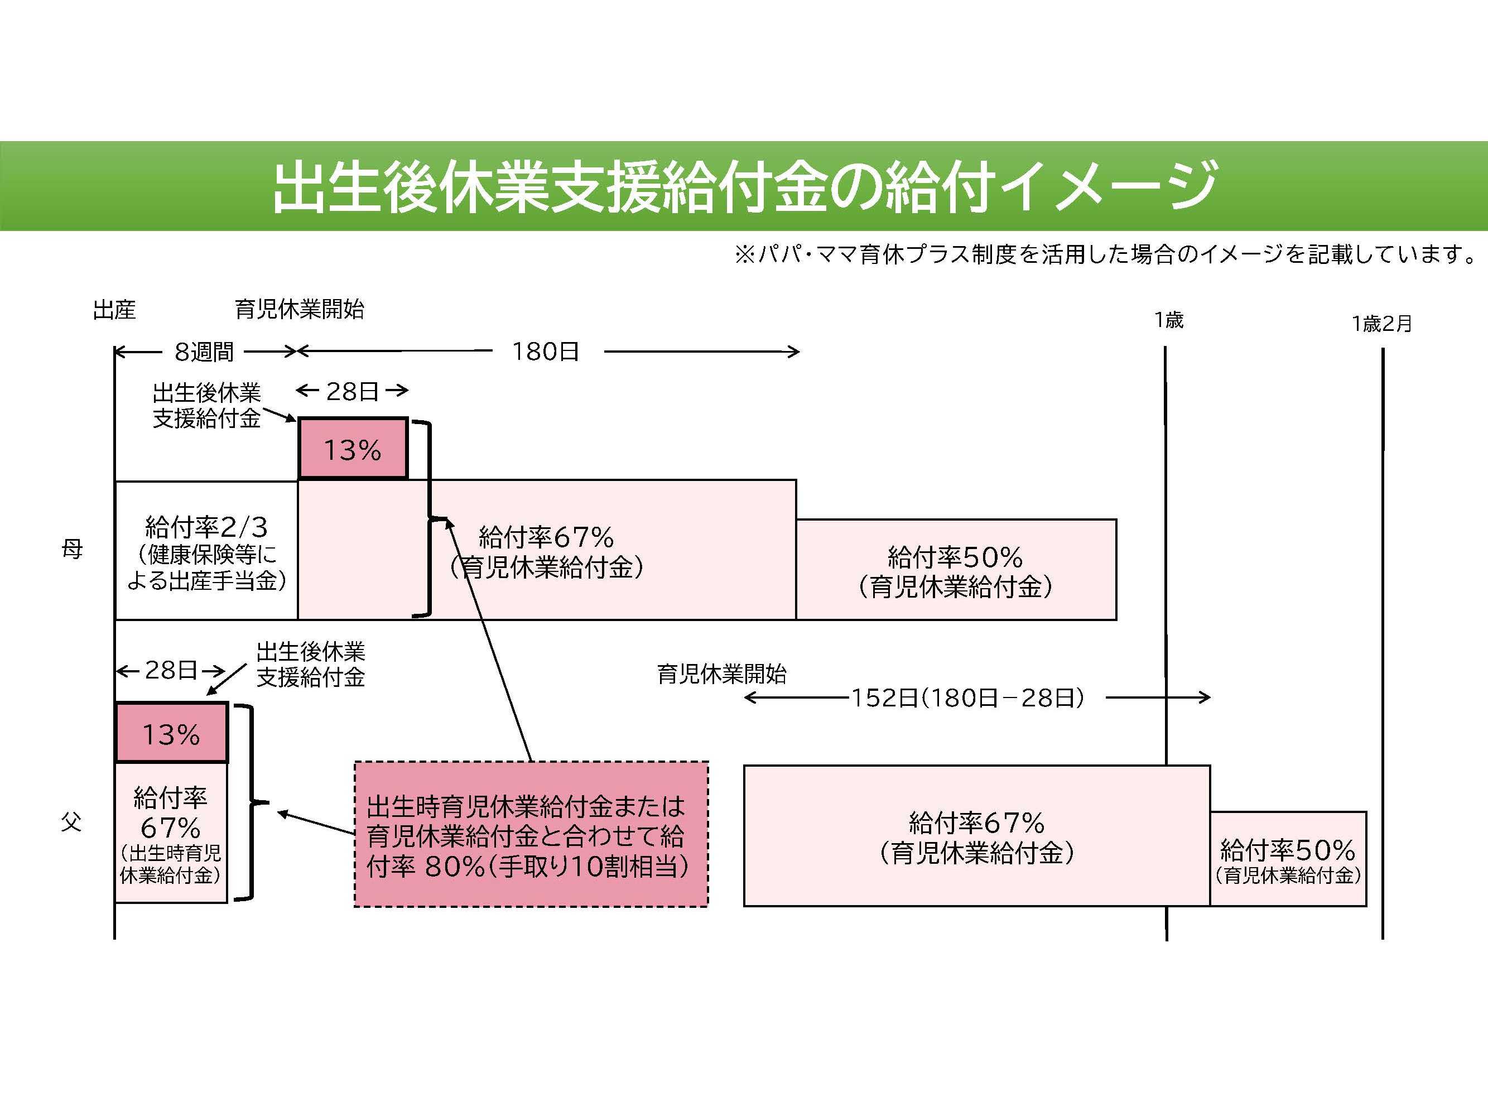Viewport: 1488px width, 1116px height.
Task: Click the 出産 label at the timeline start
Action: click(114, 310)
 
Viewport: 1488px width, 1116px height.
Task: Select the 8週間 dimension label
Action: click(204, 351)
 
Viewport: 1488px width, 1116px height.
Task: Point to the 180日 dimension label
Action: click(546, 351)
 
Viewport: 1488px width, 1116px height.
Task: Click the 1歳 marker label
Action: click(1168, 320)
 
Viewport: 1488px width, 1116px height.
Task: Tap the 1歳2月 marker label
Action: click(1381, 324)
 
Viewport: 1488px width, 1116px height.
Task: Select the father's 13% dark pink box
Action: click(171, 734)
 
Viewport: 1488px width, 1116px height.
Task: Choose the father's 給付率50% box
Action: click(1288, 859)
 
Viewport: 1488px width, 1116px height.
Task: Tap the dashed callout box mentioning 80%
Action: click(531, 835)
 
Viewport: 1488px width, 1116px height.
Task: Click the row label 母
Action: click(72, 550)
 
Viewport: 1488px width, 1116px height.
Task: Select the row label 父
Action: click(71, 821)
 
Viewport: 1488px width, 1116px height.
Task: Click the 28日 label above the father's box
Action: click(171, 670)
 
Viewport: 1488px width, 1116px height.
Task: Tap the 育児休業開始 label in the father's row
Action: click(721, 674)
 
